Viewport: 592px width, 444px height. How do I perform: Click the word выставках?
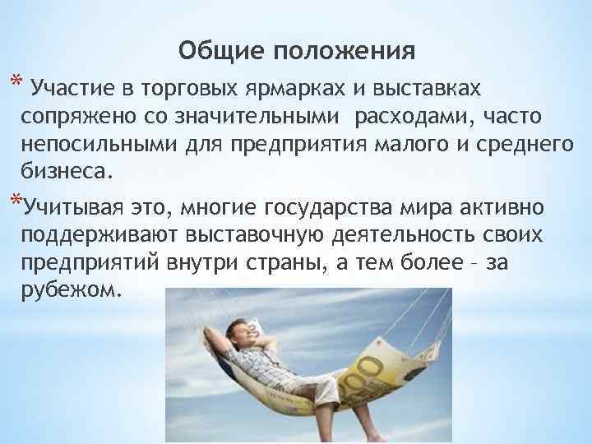434,87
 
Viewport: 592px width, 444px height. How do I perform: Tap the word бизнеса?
65,173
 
